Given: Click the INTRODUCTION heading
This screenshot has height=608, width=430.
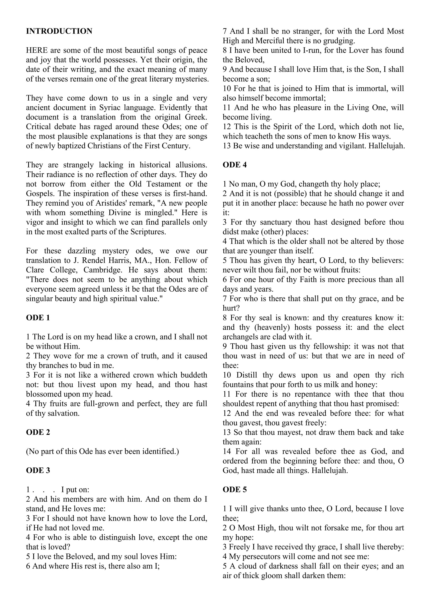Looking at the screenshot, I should tap(59, 31).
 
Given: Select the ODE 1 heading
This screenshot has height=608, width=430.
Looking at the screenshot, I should tap(38, 318).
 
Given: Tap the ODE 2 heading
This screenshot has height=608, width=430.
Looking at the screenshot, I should tap(38, 432).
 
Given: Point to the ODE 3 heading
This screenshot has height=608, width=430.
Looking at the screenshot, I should tap(38, 470).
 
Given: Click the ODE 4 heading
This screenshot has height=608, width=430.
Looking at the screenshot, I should tap(235, 165).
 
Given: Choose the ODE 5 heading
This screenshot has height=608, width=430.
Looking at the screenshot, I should tap(235, 490).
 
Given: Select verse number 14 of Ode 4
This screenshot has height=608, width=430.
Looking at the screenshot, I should tap(227, 451).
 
